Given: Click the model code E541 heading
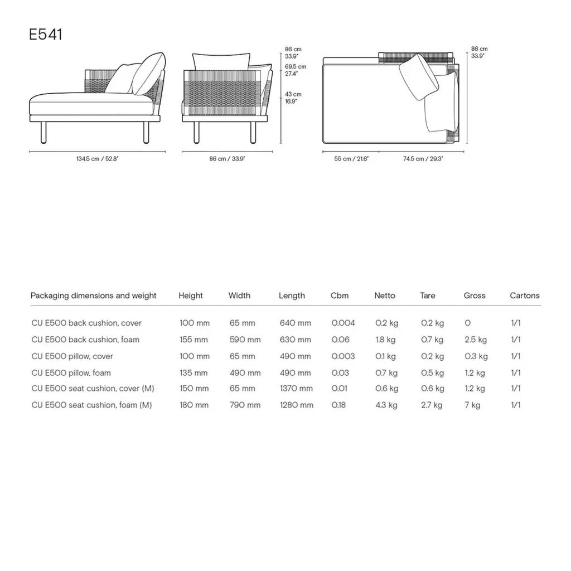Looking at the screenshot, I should point(46,35).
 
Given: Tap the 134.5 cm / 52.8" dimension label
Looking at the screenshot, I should point(98,159).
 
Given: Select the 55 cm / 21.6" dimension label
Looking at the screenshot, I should point(351,159).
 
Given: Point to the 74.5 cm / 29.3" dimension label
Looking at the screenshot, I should point(423,159).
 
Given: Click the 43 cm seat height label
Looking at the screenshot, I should point(293,98).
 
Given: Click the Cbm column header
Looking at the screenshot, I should point(340,296).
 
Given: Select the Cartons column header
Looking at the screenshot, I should point(525,296).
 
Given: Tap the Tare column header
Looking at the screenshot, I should point(428,296).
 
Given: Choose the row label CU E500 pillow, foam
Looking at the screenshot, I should point(71,372).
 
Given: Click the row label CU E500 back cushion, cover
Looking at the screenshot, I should point(86,323).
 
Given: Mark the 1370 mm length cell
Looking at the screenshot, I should point(296,389).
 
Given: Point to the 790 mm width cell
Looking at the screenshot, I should point(245,405).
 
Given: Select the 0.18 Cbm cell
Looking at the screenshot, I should point(338,405).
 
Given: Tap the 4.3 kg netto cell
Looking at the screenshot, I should point(386,405).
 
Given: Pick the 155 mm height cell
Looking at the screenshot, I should point(194,340).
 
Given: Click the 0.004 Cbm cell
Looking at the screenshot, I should point(343,323).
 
